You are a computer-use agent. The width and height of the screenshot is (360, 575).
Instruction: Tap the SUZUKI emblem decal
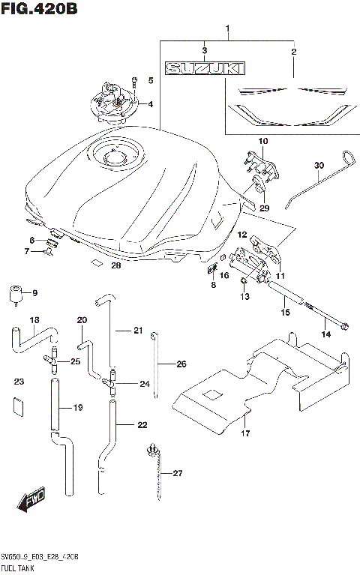click(205, 69)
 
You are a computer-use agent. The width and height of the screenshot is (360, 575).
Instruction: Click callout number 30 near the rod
click(319, 166)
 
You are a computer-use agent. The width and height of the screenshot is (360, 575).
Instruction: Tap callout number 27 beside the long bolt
click(177, 473)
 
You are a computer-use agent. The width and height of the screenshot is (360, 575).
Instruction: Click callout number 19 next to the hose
click(77, 408)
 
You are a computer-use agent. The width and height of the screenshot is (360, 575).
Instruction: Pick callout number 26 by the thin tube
click(181, 364)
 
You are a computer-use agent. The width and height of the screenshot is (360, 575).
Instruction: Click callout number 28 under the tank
click(115, 265)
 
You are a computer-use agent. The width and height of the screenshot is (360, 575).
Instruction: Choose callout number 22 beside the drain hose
click(142, 425)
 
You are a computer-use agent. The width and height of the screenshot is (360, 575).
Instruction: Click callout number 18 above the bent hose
click(34, 321)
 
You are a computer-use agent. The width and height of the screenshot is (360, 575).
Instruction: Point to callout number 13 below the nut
click(243, 297)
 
